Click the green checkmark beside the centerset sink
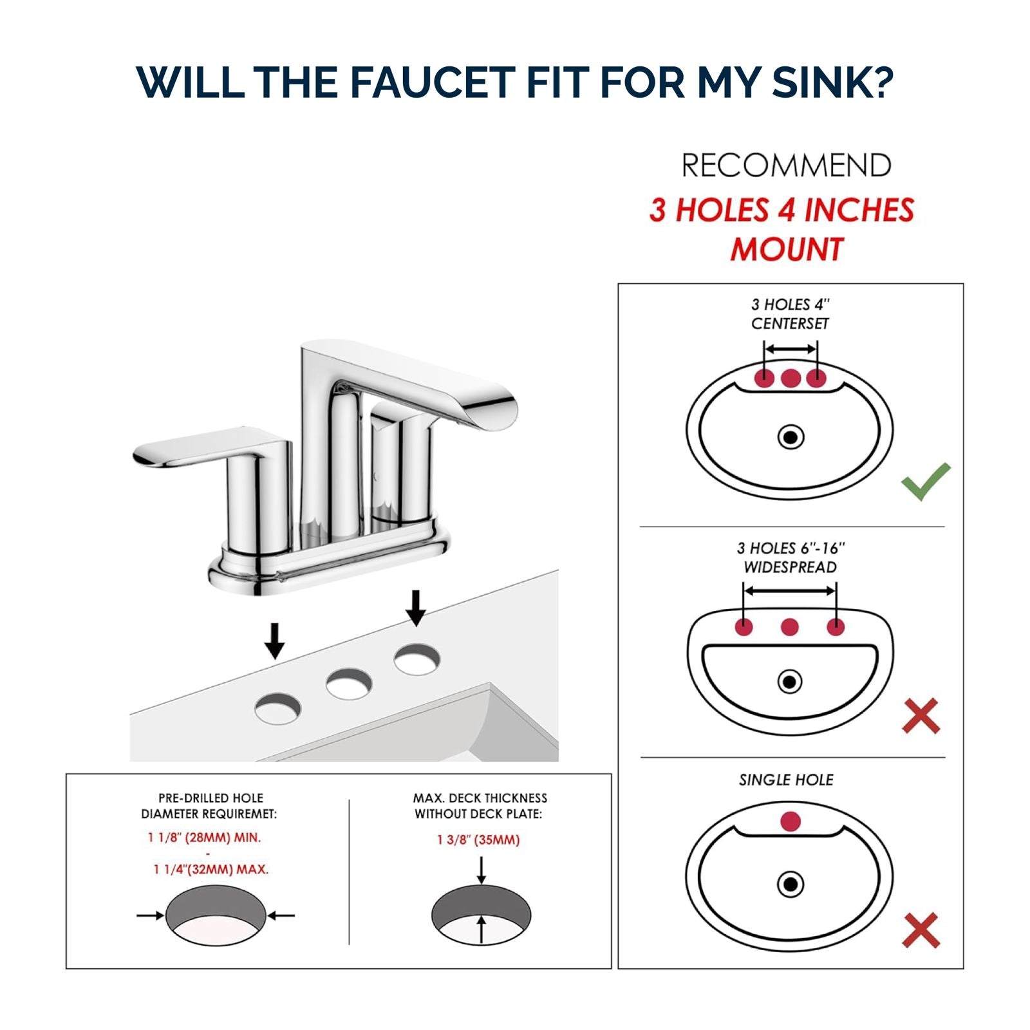click(925, 481)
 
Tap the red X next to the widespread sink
click(921, 716)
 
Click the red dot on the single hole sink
click(790, 821)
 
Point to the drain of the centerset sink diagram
click(791, 438)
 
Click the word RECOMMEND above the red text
click(786, 166)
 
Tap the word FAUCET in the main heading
click(430, 82)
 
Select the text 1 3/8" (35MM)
click(478, 840)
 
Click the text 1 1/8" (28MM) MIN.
click(205, 838)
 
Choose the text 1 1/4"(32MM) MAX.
click(211, 870)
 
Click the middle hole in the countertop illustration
click(348, 684)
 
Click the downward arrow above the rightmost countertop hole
click(416, 608)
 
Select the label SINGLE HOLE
click(786, 780)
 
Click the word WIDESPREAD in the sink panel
click(790, 567)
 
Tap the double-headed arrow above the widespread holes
click(789, 590)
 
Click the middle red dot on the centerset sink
click(791, 378)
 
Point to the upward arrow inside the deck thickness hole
click(481, 930)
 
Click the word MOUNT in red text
click(786, 250)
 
